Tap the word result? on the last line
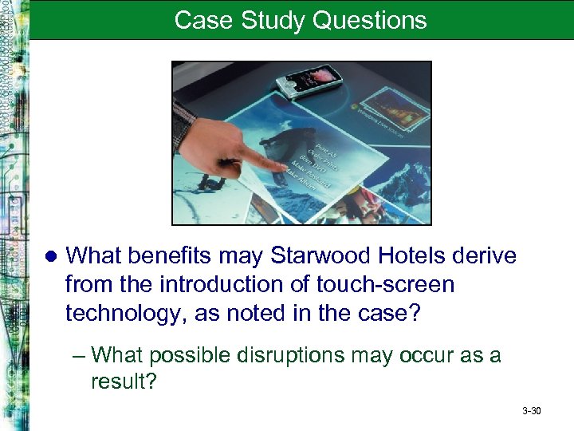click(125, 382)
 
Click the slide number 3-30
click(531, 411)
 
